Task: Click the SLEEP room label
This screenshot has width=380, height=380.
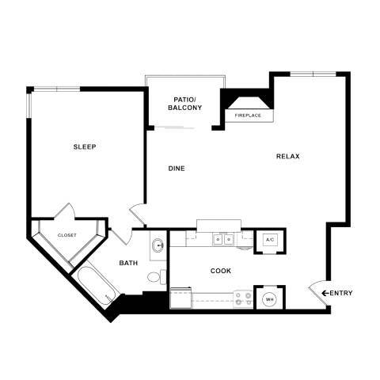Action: point(85,147)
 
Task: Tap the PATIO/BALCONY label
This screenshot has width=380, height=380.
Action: point(184,104)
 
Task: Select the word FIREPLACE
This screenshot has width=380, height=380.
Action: point(249,116)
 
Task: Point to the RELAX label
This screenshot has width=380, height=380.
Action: point(288,156)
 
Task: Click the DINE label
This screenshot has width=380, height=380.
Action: point(177,168)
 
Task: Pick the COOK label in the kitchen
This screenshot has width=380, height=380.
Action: point(221,271)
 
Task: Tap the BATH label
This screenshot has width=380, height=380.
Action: point(128,263)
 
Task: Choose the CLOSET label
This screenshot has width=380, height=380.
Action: point(67,235)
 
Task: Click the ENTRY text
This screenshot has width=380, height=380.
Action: point(341,294)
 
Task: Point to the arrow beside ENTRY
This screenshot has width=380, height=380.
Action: point(325,294)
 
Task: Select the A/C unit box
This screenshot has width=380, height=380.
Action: point(269,239)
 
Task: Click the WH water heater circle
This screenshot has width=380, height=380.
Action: point(269,298)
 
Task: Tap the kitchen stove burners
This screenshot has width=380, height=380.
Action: point(243,298)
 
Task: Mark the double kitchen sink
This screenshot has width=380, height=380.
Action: point(220,237)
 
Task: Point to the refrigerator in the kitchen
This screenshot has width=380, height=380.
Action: point(181,298)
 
